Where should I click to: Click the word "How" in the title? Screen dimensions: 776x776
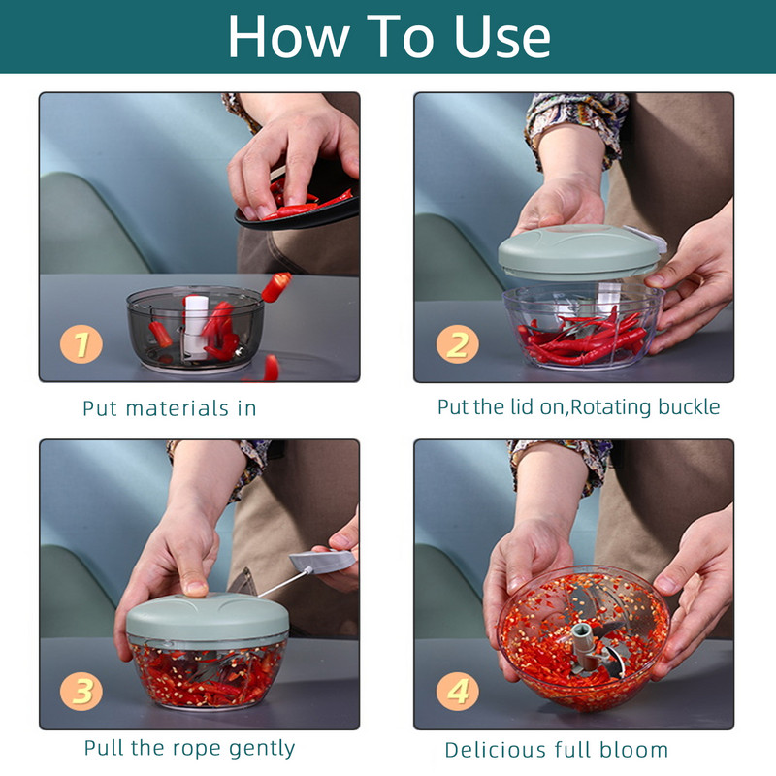(x=288, y=37)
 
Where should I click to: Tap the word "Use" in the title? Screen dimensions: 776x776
(x=501, y=37)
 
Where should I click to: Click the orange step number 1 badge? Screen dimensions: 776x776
(x=81, y=344)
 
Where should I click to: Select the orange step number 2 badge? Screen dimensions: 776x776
(x=457, y=344)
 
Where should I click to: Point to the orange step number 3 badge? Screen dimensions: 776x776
(x=81, y=691)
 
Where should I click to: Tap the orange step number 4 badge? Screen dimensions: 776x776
(x=457, y=691)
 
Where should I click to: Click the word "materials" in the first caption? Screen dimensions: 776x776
(x=177, y=408)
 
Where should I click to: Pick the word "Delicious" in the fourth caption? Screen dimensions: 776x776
(x=496, y=750)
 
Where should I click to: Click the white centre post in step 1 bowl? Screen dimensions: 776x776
(x=197, y=327)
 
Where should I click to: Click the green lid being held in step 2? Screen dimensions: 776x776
(x=579, y=251)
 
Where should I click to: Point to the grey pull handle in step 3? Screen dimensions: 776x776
(x=322, y=562)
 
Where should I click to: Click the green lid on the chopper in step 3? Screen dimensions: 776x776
(x=208, y=619)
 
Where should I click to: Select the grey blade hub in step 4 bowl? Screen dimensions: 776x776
(x=584, y=646)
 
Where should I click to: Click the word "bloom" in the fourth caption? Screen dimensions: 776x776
(x=633, y=750)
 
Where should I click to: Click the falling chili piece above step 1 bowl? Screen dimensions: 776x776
(x=276, y=287)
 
